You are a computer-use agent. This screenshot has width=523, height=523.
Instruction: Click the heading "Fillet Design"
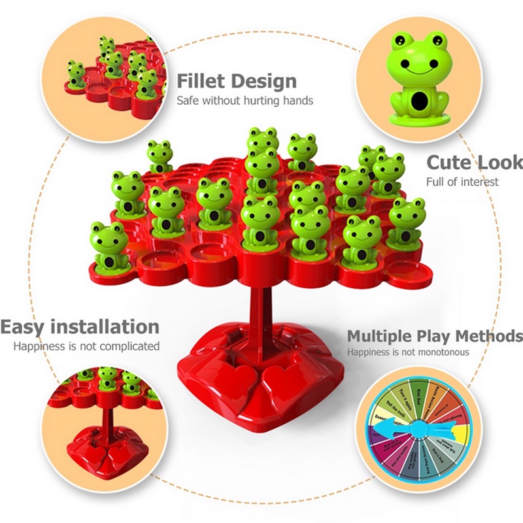click(x=237, y=82)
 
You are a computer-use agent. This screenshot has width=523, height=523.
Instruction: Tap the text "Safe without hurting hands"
click(x=245, y=101)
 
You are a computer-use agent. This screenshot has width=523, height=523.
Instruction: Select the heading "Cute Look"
click(x=474, y=162)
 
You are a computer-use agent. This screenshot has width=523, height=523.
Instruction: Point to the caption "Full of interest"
click(x=462, y=181)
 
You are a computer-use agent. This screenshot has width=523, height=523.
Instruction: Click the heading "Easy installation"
click(x=80, y=326)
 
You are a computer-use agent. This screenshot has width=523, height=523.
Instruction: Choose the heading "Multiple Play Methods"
click(x=435, y=336)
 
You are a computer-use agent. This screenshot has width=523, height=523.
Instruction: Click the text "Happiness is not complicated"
click(x=86, y=346)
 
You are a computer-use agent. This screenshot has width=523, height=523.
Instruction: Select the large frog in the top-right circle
click(x=418, y=78)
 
